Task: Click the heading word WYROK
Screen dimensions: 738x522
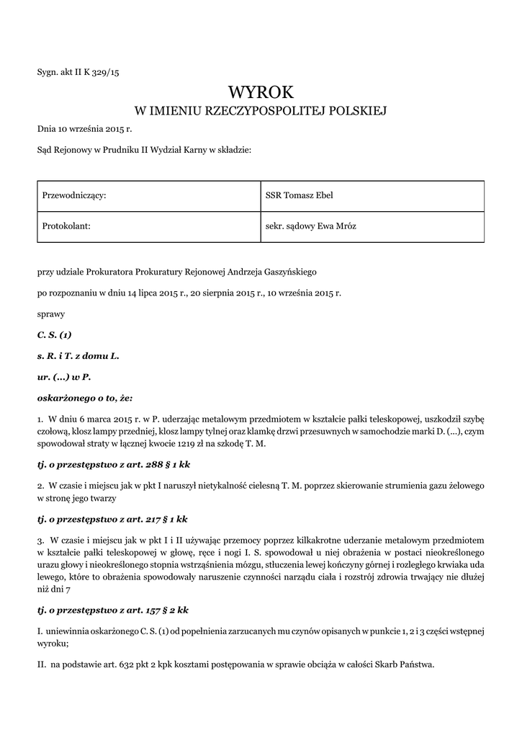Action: (261, 92)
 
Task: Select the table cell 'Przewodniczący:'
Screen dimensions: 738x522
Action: (147, 196)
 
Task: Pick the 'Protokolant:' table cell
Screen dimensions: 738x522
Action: (147, 226)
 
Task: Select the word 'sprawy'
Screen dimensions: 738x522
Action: (50, 314)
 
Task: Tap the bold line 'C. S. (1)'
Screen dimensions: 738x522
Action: (54, 335)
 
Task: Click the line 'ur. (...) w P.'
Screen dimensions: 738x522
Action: (63, 377)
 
